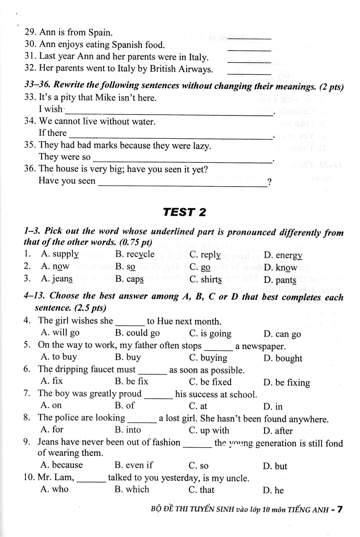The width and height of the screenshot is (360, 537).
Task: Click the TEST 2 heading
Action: coord(184,212)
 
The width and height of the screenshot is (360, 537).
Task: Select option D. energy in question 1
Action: coord(283,256)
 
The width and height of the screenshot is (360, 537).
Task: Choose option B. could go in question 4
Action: coord(137,333)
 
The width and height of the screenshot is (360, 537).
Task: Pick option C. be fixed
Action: coord(210,382)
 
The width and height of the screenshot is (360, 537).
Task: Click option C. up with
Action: coord(209,430)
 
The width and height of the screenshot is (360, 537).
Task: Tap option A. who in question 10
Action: coord(54,489)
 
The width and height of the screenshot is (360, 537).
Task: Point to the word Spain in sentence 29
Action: coord(100,33)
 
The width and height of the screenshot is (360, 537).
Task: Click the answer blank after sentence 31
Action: coord(249,62)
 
